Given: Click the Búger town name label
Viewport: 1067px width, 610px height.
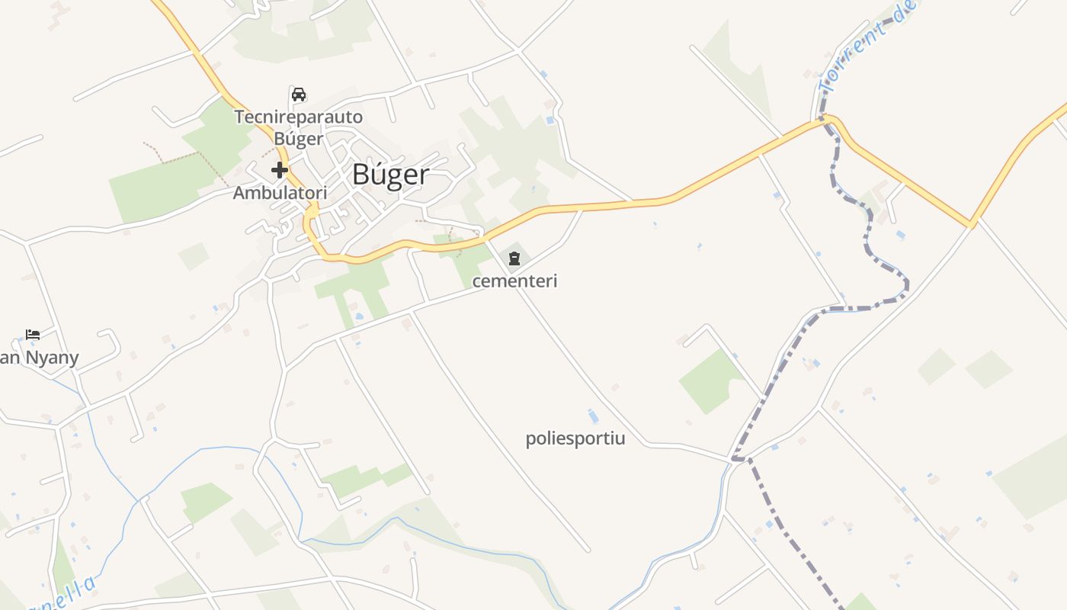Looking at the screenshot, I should pyautogui.click(x=390, y=175).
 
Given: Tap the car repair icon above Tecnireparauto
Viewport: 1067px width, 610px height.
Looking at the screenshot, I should pyautogui.click(x=299, y=95).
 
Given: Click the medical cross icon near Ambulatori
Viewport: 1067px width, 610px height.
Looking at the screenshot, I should pyautogui.click(x=280, y=169).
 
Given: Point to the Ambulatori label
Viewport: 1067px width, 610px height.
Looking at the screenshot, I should pyautogui.click(x=280, y=193).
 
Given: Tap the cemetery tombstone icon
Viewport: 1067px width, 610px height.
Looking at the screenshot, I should pyautogui.click(x=514, y=258).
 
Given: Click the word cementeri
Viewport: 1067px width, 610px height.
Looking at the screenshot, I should pyautogui.click(x=515, y=281).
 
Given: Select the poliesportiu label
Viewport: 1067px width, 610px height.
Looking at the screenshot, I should pyautogui.click(x=575, y=438).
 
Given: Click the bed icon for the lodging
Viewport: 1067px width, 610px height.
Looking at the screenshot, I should pyautogui.click(x=33, y=334).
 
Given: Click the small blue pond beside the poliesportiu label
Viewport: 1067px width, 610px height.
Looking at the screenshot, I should pyautogui.click(x=593, y=416).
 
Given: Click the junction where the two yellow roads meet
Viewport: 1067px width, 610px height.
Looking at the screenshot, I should pyautogui.click(x=971, y=224).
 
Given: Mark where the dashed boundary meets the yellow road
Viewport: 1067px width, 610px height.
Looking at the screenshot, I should pyautogui.click(x=823, y=120).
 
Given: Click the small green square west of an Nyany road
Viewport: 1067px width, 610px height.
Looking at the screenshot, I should pyautogui.click(x=194, y=256).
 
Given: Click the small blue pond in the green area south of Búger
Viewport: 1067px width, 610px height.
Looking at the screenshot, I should pyautogui.click(x=358, y=316).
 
